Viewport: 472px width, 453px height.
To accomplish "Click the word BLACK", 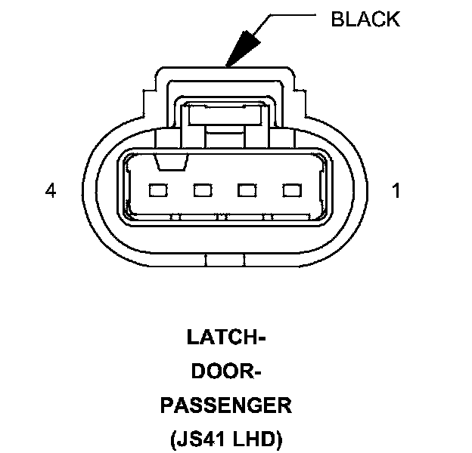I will point(365,20).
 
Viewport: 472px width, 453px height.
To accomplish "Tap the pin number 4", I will point(50,191).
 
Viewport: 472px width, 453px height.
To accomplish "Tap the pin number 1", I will point(395,191).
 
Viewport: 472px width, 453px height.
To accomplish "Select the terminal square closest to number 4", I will point(157,190).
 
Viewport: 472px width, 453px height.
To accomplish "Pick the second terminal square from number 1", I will point(247,190).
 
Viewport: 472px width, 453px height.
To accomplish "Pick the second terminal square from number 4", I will point(201,190).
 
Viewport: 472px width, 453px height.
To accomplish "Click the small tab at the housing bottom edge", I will point(225,261).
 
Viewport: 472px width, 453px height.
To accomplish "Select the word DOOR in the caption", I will point(219,372).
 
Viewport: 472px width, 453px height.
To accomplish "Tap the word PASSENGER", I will point(225,406).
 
